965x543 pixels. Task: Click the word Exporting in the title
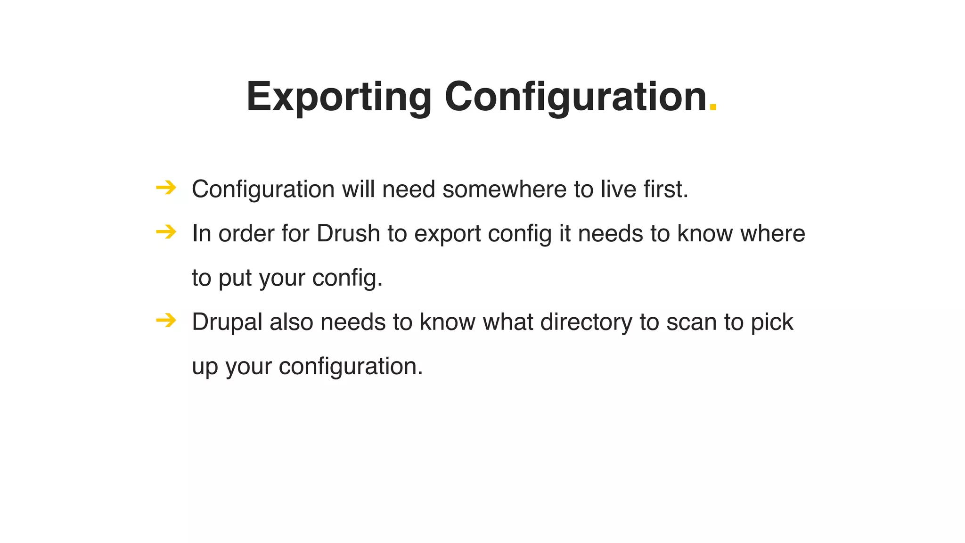click(x=338, y=97)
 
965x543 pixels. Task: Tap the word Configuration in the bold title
click(x=575, y=97)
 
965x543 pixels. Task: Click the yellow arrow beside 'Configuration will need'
click(x=166, y=188)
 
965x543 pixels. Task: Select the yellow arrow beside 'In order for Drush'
click(x=166, y=232)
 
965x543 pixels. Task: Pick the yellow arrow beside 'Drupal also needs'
click(x=166, y=321)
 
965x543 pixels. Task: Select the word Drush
click(x=348, y=234)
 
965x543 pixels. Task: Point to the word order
click(x=246, y=234)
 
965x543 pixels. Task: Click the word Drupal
click(x=227, y=322)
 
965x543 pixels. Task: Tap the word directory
click(x=586, y=322)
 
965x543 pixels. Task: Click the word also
click(x=291, y=322)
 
